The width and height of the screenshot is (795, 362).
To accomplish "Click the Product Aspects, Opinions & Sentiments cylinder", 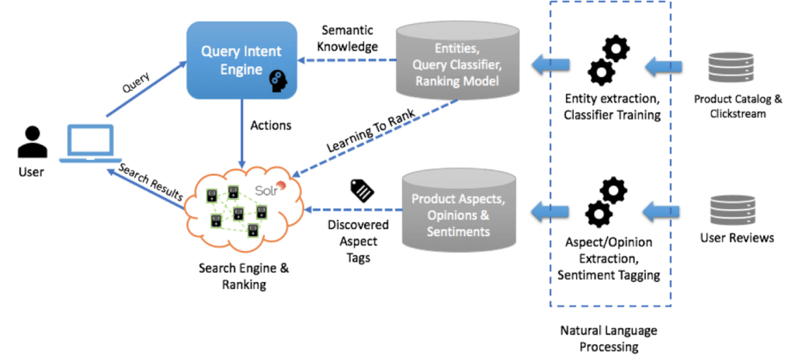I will click(x=458, y=210).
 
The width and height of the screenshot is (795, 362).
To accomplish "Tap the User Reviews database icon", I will click(x=733, y=209).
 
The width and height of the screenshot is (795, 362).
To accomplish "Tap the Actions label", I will click(x=270, y=124).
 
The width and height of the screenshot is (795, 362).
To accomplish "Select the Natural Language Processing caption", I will click(x=609, y=339).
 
